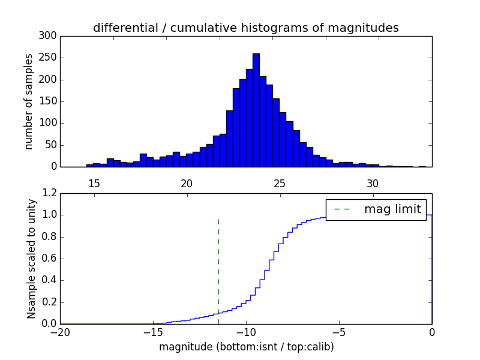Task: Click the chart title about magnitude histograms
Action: [x=245, y=28]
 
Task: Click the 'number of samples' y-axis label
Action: [x=29, y=101]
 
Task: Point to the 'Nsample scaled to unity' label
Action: [x=31, y=259]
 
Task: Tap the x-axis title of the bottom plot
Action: [x=246, y=347]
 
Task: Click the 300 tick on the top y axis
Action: [x=49, y=36]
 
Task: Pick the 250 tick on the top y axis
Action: [x=49, y=58]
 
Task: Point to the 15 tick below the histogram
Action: [x=94, y=183]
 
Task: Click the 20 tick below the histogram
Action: [x=187, y=183]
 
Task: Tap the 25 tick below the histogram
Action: [x=280, y=183]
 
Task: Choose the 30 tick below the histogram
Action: [x=373, y=183]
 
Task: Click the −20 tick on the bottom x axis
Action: [x=60, y=332]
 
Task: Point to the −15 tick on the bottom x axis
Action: [x=153, y=332]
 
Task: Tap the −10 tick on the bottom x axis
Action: [x=246, y=332]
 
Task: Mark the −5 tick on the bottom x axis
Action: [x=339, y=332]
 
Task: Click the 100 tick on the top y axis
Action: [x=49, y=123]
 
